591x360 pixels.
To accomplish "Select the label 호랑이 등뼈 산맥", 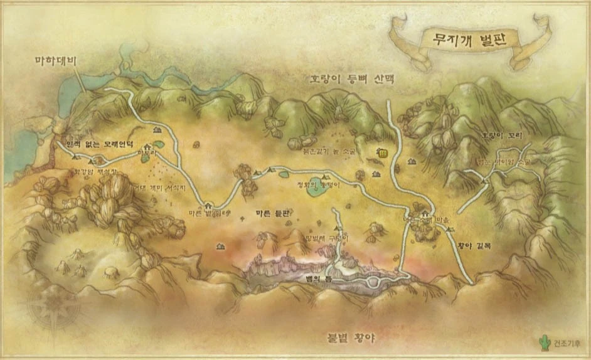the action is coord(354,80).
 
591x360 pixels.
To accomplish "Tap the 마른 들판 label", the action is coord(273,214).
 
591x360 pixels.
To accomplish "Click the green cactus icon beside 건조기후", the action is coord(543,342).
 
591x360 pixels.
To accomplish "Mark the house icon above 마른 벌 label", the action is coord(208,203).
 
